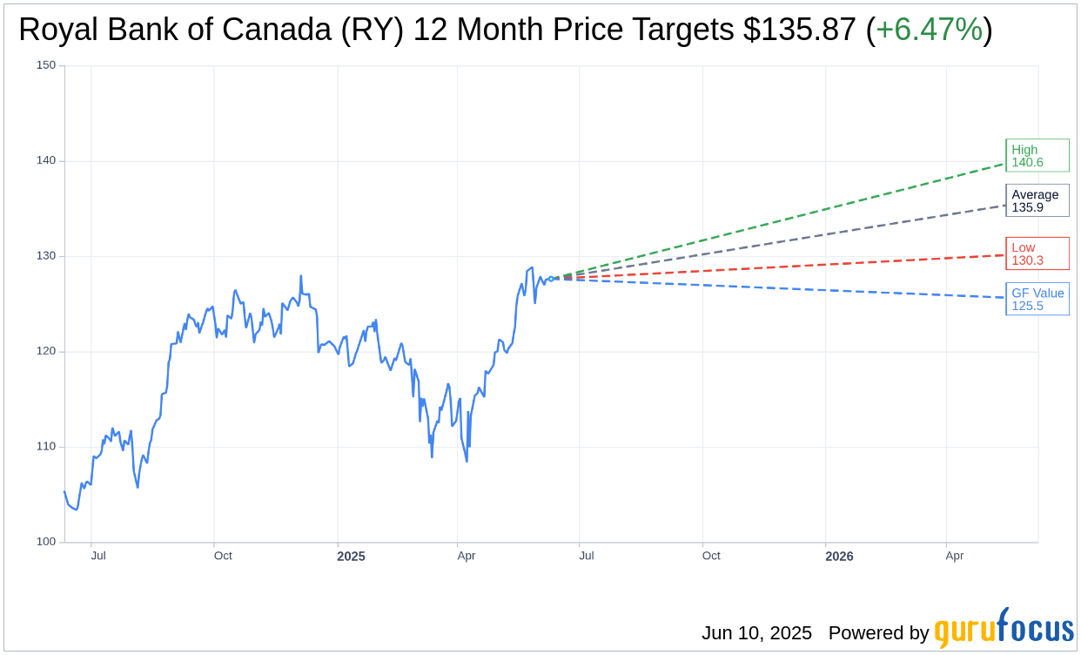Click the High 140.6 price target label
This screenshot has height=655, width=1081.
pos(1037,156)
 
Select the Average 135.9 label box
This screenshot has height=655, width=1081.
pos(1037,200)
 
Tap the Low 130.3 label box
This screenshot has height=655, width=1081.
pos(1037,253)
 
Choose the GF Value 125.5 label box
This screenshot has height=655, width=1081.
pos(1037,299)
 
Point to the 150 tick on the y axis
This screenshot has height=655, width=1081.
pos(46,65)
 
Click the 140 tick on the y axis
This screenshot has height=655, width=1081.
pos(46,160)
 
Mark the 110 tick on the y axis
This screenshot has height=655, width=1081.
pos(46,447)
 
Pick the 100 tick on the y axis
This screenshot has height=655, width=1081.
pos(46,542)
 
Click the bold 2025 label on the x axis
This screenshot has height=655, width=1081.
pos(351,557)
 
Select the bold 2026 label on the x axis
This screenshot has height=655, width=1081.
pos(839,557)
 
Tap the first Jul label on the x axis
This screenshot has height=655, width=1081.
pos(98,556)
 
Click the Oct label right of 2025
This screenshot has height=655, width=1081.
pos(711,556)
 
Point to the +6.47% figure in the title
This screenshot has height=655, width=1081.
pos(929,30)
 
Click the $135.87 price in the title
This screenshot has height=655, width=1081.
pos(800,30)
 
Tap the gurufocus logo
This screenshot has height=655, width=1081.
pos(1004,630)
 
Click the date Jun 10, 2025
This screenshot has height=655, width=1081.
pos(756,633)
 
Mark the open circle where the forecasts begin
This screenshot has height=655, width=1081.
pos(551,279)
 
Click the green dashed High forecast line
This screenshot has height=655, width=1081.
pos(783,220)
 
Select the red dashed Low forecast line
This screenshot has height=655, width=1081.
pos(783,267)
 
